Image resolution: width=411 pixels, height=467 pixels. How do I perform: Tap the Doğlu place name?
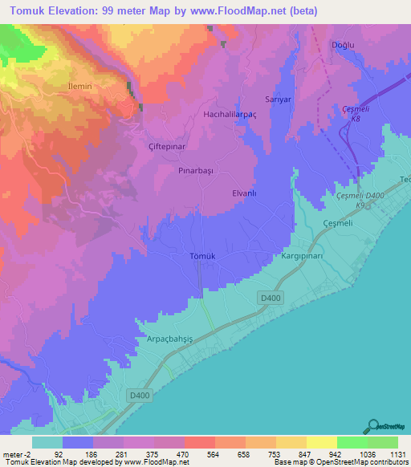click(343, 46)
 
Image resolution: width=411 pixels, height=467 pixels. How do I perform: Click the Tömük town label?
click(202, 256)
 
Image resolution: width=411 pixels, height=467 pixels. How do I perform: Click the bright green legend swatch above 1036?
click(352, 442)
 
